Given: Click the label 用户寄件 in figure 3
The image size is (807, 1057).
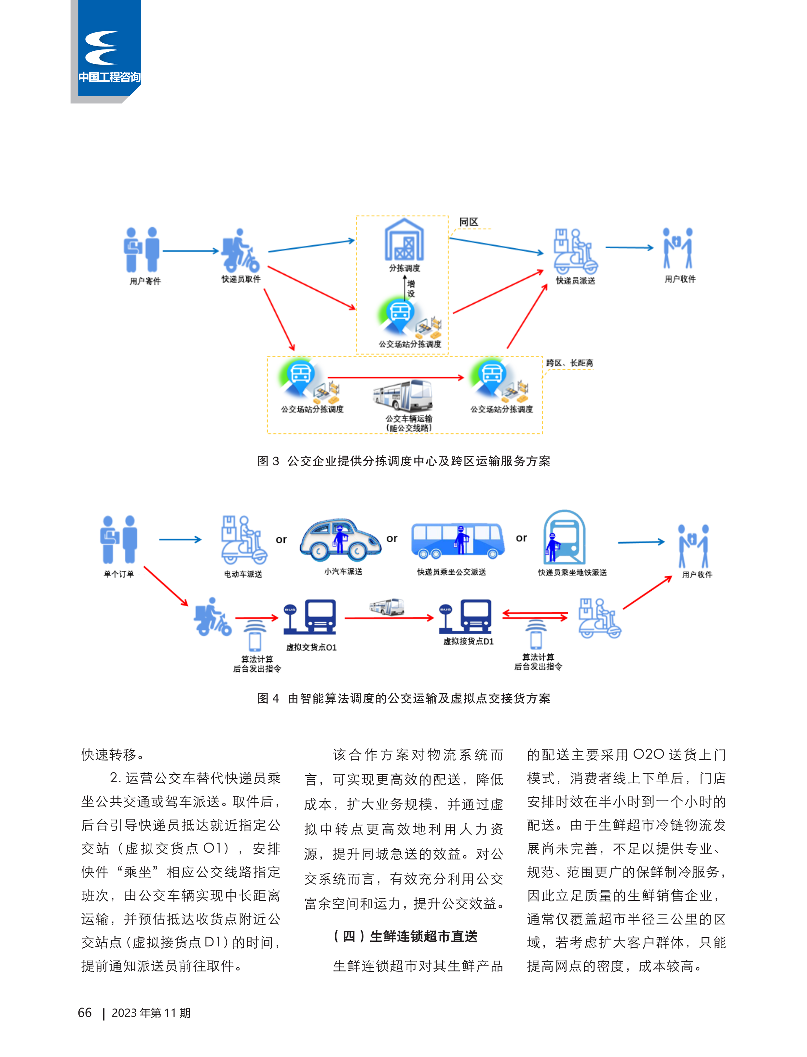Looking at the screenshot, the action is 145,281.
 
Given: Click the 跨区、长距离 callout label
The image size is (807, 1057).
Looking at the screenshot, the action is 570,363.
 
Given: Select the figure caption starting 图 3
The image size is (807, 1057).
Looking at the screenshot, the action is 403,461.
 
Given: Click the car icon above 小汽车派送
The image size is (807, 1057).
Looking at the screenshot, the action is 341,540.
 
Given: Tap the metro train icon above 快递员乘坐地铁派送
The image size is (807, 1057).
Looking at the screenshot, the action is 565,537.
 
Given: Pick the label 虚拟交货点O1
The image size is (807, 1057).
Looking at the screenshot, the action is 311,647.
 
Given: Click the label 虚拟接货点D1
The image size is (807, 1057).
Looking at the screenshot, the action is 468,641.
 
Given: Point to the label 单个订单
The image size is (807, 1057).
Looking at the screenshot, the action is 119,574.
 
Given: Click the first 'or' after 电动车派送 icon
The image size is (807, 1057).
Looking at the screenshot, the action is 281,540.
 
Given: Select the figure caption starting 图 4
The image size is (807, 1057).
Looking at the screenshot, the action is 403,698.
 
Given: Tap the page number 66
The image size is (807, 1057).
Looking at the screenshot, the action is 85,1013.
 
